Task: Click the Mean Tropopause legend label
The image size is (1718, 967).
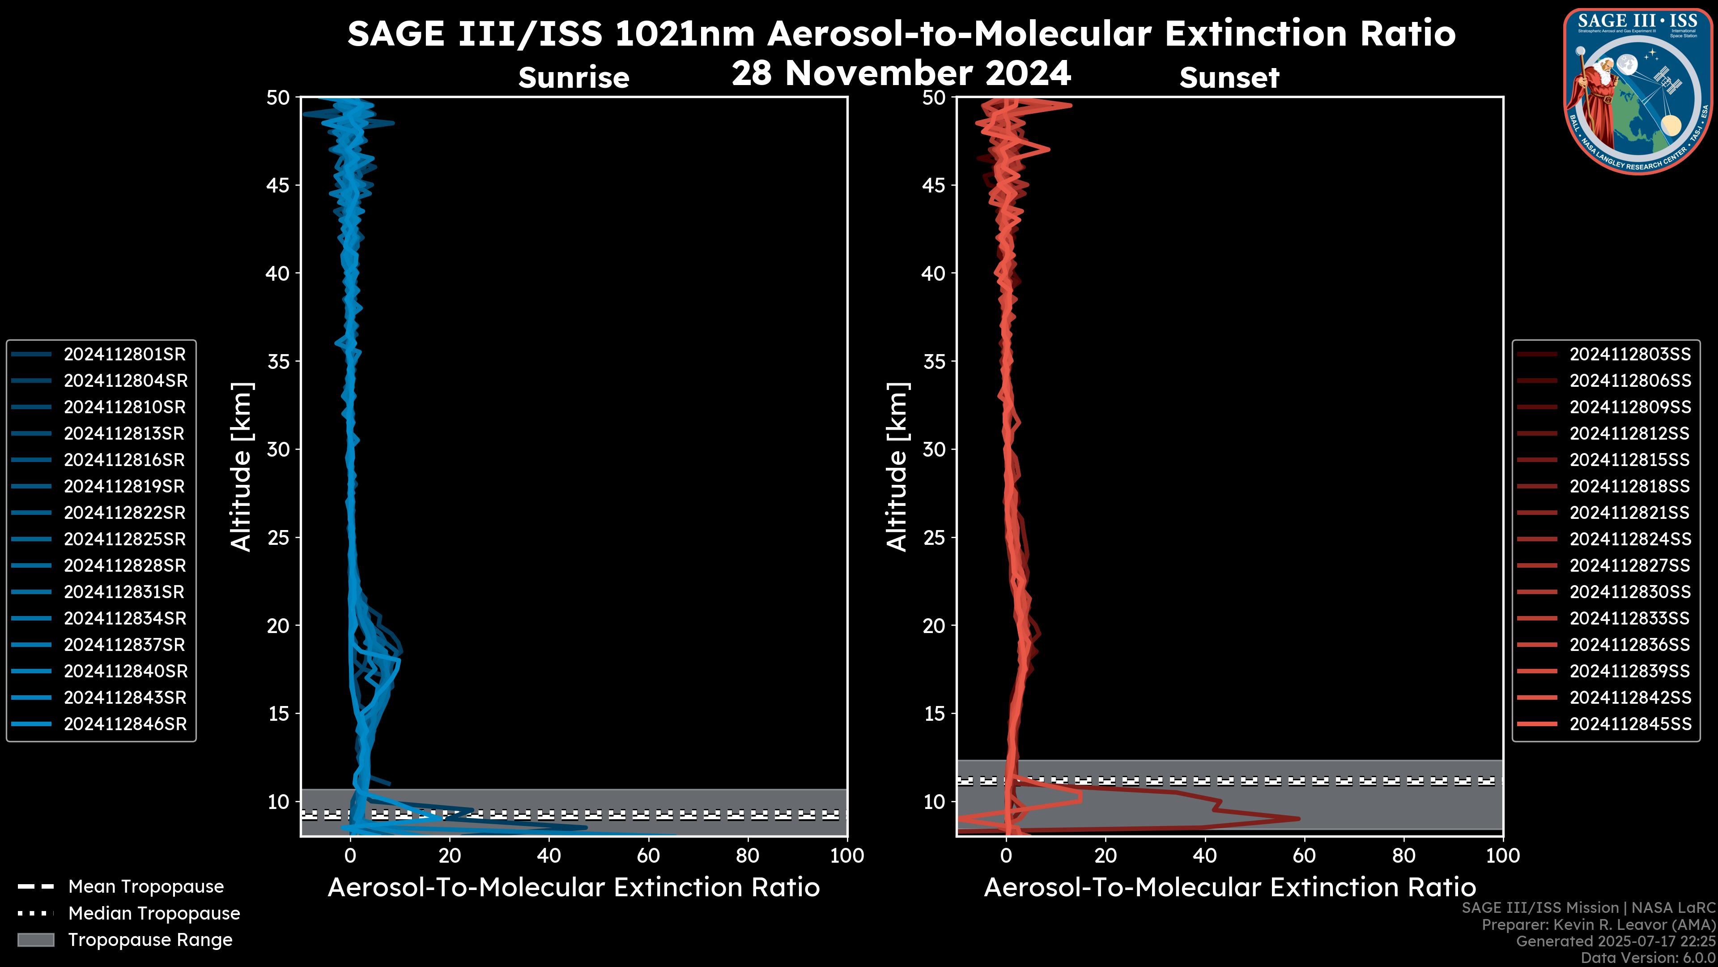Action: click(x=146, y=886)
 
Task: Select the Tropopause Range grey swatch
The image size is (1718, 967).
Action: click(x=36, y=940)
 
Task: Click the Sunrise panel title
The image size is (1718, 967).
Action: click(x=574, y=77)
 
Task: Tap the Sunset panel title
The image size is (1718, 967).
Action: click(x=1229, y=77)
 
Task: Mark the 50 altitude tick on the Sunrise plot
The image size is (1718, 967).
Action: click(x=278, y=98)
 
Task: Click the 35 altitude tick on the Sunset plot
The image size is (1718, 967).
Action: click(x=934, y=362)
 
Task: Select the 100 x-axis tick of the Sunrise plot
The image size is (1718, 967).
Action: click(x=846, y=856)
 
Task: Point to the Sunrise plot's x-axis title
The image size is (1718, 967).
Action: click(x=574, y=888)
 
